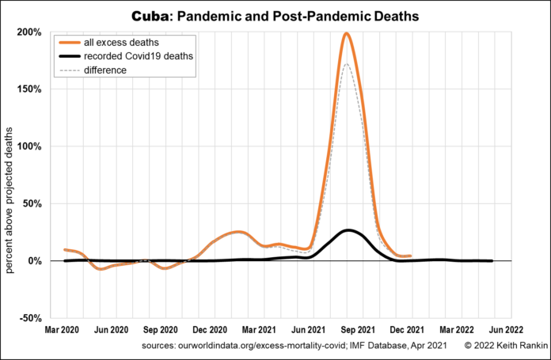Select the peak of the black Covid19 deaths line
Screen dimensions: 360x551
click(348, 230)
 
